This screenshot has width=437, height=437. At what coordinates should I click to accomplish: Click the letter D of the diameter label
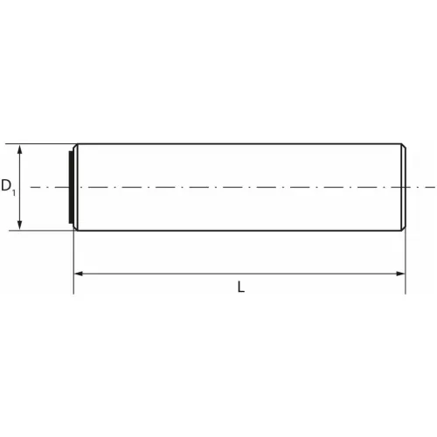coord(6,185)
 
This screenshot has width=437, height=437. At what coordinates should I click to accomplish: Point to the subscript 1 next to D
coord(14,192)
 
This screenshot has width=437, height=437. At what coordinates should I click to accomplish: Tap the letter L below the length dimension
coord(241,287)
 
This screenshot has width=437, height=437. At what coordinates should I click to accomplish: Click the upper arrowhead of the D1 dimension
coord(19,149)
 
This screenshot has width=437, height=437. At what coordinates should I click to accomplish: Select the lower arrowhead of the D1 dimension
coord(19,225)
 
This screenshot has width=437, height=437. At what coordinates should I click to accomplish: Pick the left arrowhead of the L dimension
coord(79,274)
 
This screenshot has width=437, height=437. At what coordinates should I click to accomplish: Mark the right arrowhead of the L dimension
coord(400,274)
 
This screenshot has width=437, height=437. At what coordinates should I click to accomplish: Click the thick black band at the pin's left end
coord(71,187)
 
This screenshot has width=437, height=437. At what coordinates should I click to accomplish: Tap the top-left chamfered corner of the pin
coord(75,146)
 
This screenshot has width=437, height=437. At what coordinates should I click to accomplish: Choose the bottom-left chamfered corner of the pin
coord(75,228)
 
